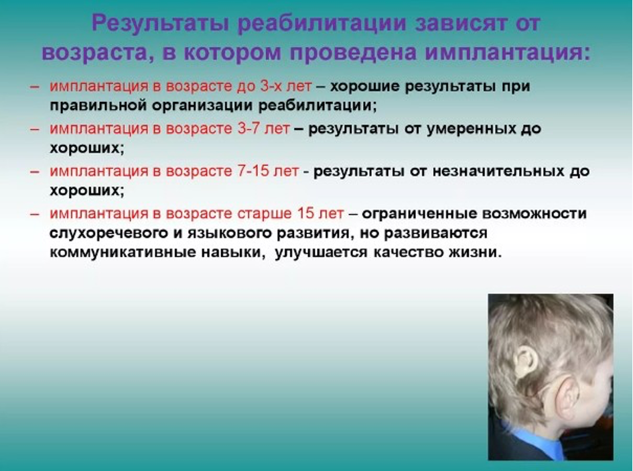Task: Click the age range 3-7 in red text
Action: pyautogui.click(x=249, y=129)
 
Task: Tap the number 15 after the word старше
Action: pyautogui.click(x=306, y=213)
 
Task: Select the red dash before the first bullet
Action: pyautogui.click(x=35, y=87)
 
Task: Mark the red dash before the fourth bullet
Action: pyautogui.click(x=35, y=214)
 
